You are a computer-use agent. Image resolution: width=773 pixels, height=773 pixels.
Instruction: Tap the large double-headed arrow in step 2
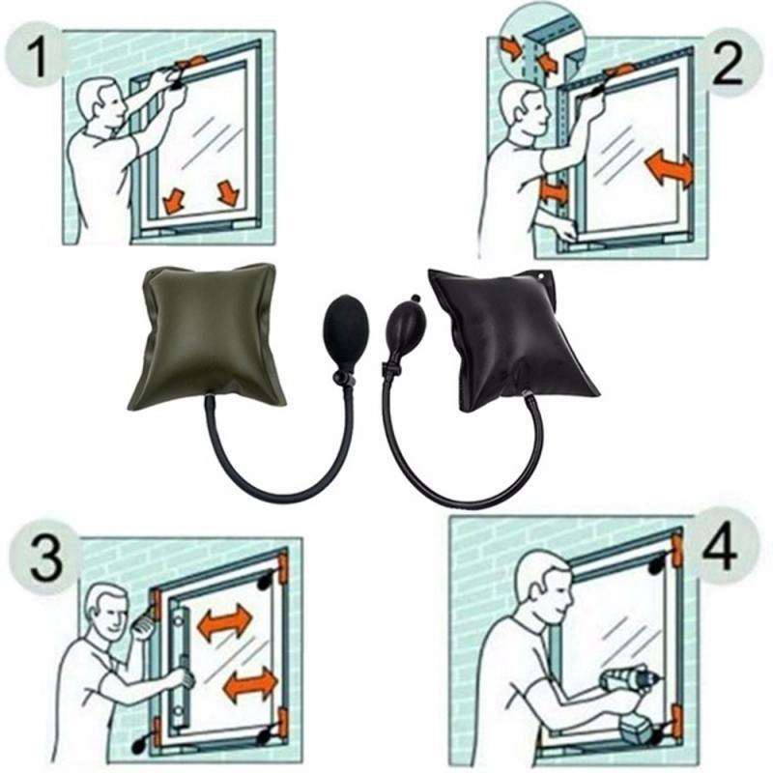click(x=669, y=169)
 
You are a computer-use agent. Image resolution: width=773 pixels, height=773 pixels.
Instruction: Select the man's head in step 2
click(x=523, y=111)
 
